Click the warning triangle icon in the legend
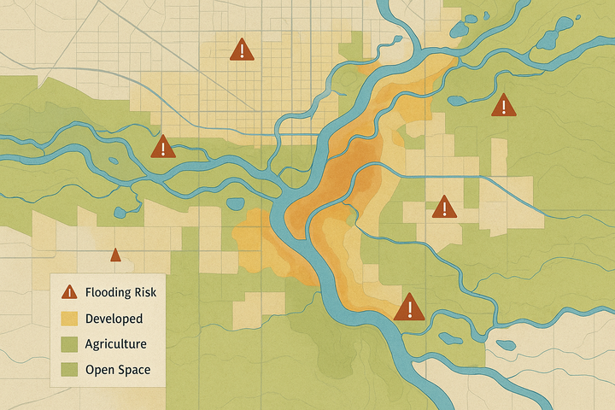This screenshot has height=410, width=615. (67, 292)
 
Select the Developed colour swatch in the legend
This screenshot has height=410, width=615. (67, 319)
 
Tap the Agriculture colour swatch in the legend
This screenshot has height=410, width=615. (67, 344)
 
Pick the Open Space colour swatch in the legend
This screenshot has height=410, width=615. (67, 370)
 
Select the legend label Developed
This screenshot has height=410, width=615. (114, 319)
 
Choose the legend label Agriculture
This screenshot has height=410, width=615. (115, 344)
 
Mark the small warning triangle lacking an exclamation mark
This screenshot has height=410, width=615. (115, 255)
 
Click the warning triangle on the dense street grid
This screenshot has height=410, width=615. (243, 50)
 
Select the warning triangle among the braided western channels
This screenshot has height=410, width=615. (162, 148)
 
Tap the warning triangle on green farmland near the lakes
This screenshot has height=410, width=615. (504, 105)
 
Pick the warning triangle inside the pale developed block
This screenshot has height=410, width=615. (443, 207)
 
